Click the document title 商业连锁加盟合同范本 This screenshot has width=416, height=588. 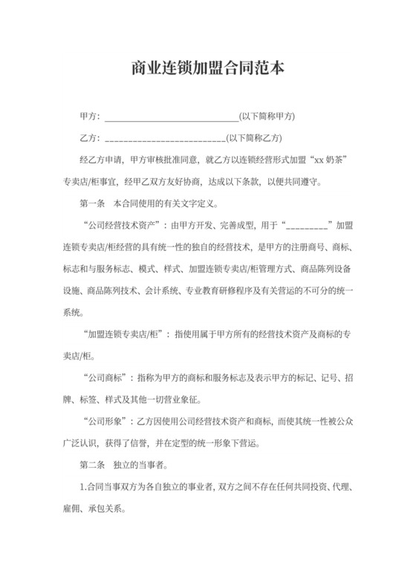tap(207, 69)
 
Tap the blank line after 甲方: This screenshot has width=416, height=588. tap(172, 117)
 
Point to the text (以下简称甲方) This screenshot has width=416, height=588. tap(267, 117)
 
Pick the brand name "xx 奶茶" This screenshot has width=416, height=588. tap(332, 159)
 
